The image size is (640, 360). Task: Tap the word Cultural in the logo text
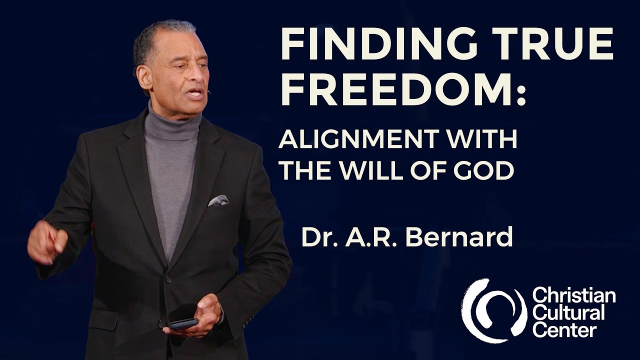[x=568, y=313]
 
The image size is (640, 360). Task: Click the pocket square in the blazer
[x=218, y=200]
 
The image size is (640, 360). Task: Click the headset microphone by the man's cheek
[x=208, y=92]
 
